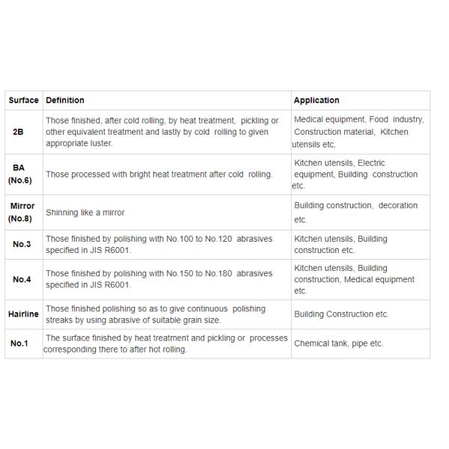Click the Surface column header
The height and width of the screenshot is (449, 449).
pyautogui.click(x=23, y=100)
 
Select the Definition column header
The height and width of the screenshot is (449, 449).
pyautogui.click(x=65, y=100)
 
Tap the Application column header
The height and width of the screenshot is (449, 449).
pyautogui.click(x=317, y=100)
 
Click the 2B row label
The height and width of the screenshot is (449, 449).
pyautogui.click(x=18, y=132)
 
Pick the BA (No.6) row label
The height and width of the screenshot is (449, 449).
pyautogui.click(x=19, y=174)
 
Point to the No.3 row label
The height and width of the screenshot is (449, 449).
pyautogui.click(x=22, y=245)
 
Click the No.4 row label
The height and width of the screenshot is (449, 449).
pyautogui.click(x=22, y=280)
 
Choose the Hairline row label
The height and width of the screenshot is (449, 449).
pyautogui.click(x=24, y=314)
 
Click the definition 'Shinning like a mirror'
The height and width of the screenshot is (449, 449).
pyautogui.click(x=85, y=213)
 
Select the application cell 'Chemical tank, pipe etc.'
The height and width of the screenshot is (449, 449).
pyautogui.click(x=338, y=344)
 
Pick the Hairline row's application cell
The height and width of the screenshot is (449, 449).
pyautogui.click(x=341, y=314)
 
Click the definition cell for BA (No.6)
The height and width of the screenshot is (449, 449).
pyautogui.click(x=159, y=174)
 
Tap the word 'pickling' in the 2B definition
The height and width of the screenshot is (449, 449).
pyautogui.click(x=254, y=120)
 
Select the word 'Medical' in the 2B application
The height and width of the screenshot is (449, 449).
pyautogui.click(x=309, y=120)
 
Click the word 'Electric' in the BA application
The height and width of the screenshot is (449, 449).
pyautogui.click(x=371, y=163)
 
